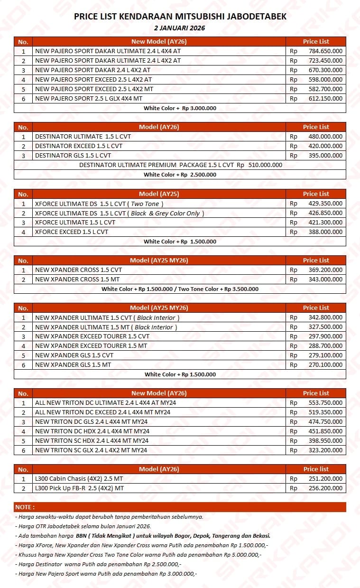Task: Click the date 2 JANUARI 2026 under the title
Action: (180, 28)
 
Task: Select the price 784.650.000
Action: (325, 51)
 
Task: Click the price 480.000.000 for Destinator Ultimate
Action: (325, 137)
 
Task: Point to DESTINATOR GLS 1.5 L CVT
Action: (73, 156)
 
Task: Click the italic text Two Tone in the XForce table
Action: (147, 204)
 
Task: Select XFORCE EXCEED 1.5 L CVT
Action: (72, 232)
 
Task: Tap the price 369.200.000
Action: (325, 270)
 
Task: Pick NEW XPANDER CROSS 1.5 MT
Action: (77, 280)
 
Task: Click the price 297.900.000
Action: (325, 336)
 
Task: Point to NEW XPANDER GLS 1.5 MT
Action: (73, 365)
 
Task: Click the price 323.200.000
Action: (325, 450)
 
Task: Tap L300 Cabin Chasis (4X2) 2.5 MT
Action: (79, 479)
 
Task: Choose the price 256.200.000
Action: (325, 488)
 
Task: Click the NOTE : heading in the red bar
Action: (25, 507)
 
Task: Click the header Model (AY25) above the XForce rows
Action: (159, 194)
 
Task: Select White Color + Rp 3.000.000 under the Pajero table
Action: (180, 108)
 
